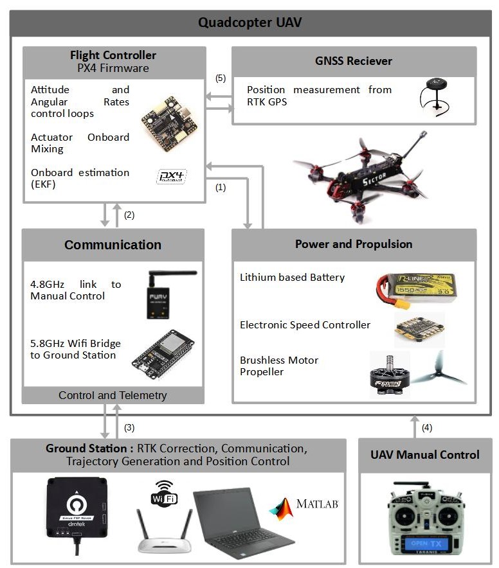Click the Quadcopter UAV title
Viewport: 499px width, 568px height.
click(250, 23)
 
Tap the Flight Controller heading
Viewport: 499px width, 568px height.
click(113, 55)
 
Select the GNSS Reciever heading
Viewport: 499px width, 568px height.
click(354, 61)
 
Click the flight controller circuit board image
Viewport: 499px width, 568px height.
click(168, 124)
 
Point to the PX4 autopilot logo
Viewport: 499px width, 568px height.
click(170, 177)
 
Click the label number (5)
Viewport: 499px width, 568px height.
click(221, 78)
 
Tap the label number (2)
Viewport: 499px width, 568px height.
click(129, 215)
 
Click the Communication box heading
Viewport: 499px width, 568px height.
click(113, 245)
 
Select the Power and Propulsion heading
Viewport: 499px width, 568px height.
click(354, 244)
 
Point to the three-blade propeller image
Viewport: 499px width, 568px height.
click(440, 369)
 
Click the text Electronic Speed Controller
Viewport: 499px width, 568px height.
click(305, 324)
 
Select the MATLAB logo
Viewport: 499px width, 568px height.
click(304, 506)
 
